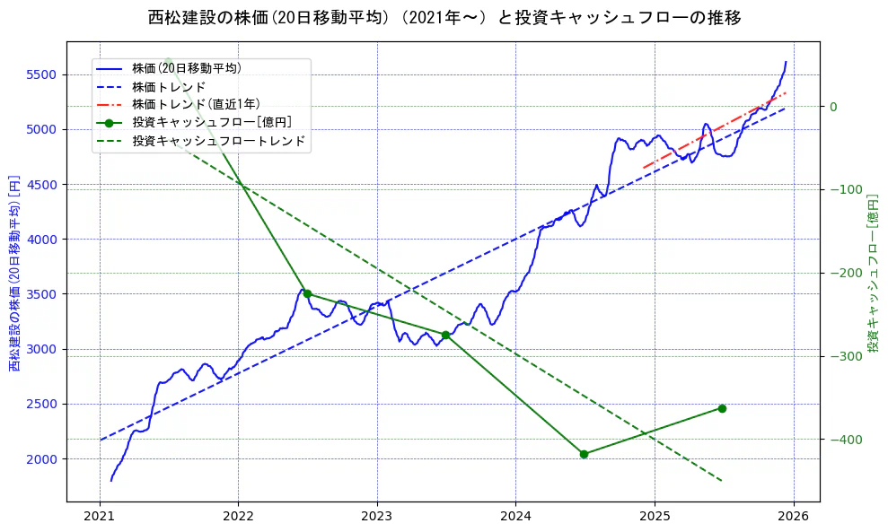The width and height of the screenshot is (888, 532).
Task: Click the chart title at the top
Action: (x=444, y=17)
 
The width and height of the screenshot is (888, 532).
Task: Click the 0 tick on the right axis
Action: (x=832, y=107)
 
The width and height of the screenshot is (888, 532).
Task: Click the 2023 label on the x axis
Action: (x=377, y=517)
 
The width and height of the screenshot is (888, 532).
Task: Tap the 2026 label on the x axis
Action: (x=793, y=517)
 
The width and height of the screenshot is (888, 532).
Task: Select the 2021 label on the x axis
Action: (x=100, y=517)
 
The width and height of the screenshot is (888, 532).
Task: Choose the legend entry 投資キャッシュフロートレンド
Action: (x=218, y=141)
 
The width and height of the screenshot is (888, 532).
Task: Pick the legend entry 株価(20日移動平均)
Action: (x=186, y=67)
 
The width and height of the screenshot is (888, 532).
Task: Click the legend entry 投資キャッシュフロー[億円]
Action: (x=211, y=122)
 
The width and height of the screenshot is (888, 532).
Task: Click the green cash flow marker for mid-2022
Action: (x=307, y=293)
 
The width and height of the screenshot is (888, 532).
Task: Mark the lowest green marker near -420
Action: (x=584, y=454)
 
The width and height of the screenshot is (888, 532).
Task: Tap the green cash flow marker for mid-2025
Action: (x=722, y=408)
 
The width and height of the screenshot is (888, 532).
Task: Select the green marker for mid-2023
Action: (x=445, y=335)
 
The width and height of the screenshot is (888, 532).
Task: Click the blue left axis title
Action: (x=14, y=273)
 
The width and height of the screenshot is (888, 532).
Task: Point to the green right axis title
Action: (x=872, y=273)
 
